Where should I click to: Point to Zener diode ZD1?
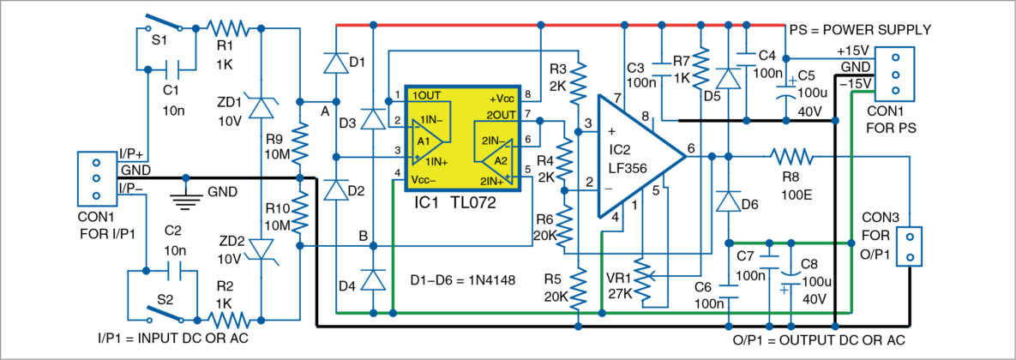261,106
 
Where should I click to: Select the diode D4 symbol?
373,279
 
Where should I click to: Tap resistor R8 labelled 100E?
791,157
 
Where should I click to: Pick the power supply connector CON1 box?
895,75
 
